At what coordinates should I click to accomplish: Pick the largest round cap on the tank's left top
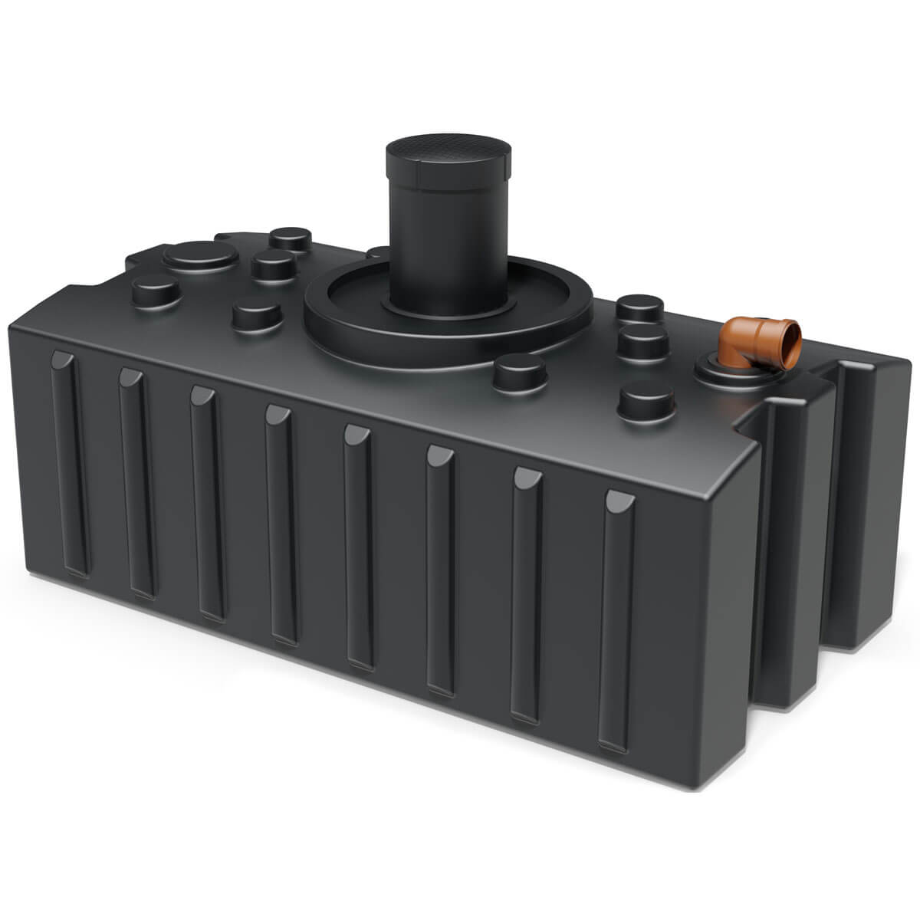[200, 257]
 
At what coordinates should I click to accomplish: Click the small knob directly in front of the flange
[519, 373]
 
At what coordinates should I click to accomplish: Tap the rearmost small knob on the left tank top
[291, 239]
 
